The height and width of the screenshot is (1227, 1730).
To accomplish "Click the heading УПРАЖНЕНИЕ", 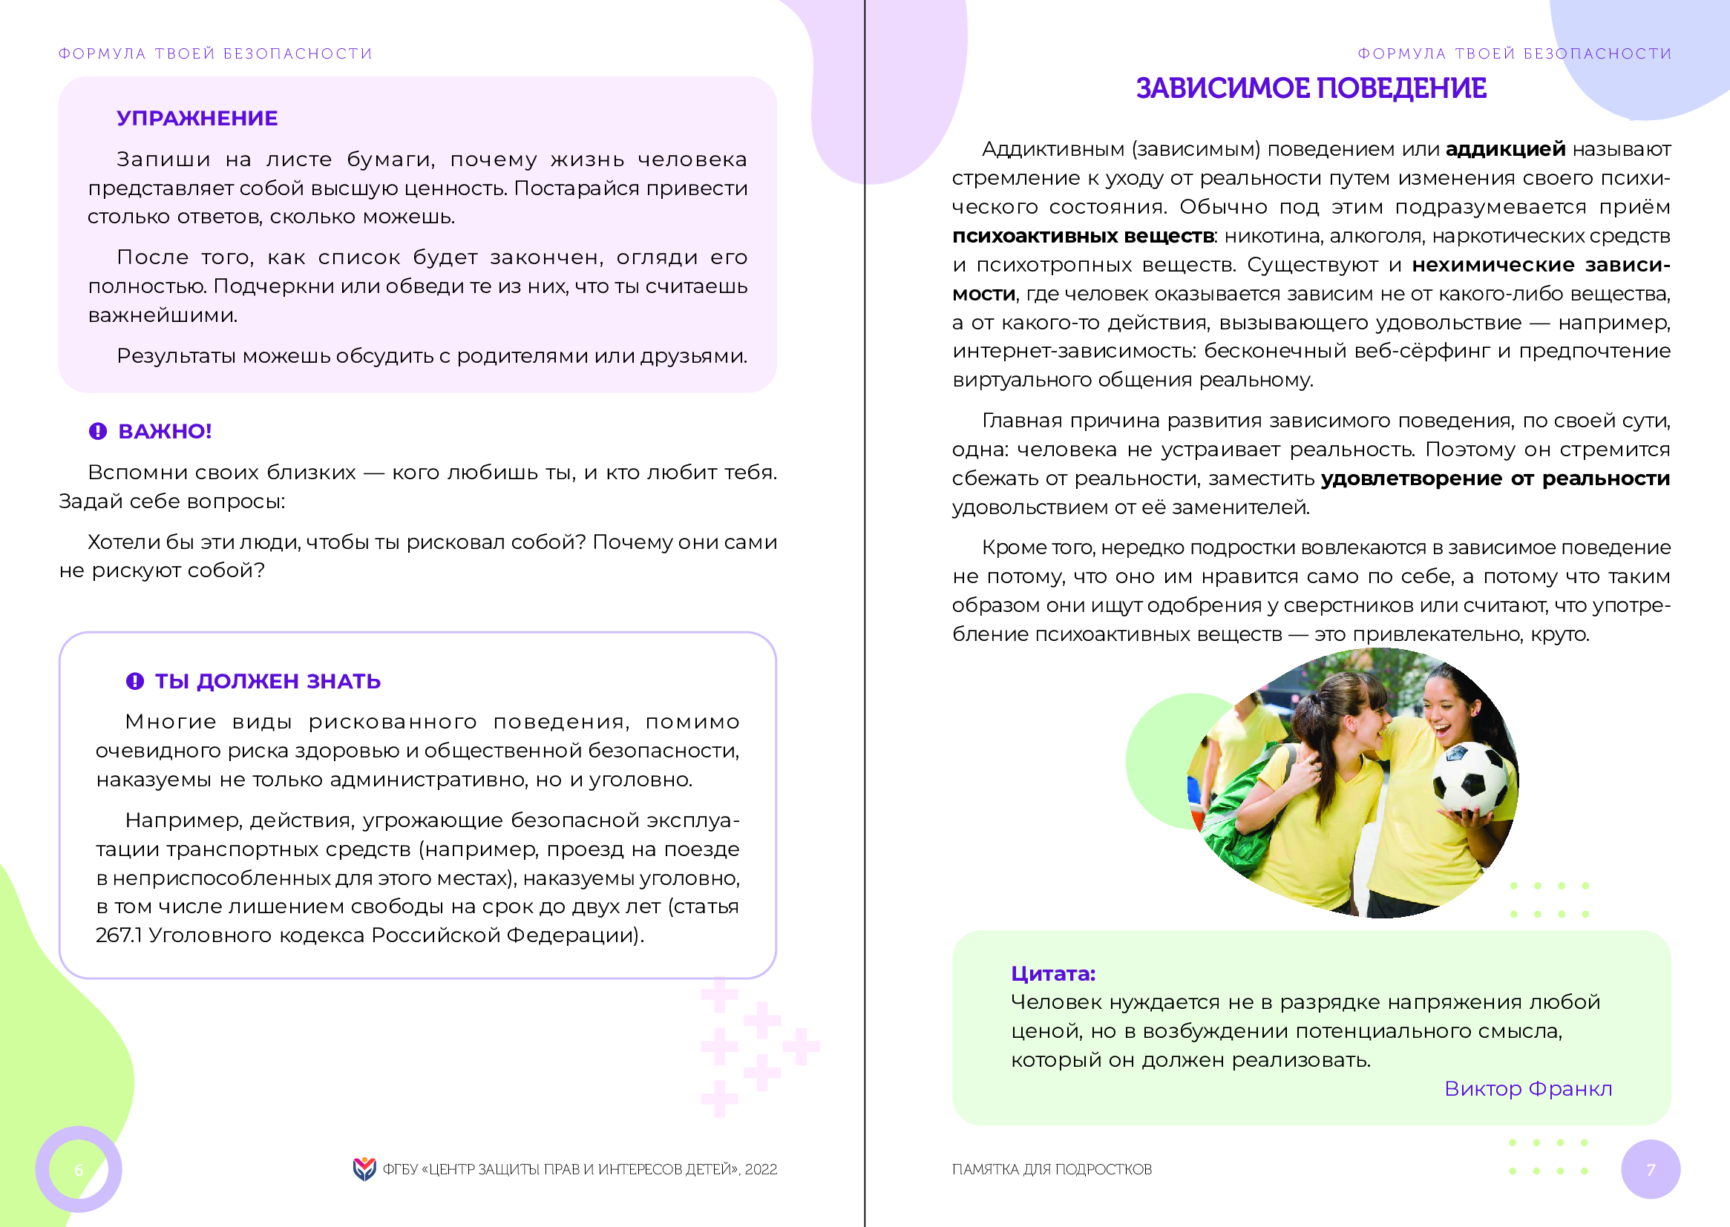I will pyautogui.click(x=197, y=119).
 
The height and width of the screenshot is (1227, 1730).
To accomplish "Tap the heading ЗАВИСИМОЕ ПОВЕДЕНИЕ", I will pyautogui.click(x=1311, y=89).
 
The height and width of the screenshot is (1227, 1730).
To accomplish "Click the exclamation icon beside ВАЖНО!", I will pyautogui.click(x=98, y=432).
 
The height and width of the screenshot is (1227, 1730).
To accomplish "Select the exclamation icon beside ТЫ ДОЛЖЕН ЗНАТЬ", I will pyautogui.click(x=134, y=682).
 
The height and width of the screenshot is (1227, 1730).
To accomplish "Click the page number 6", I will pyautogui.click(x=79, y=1170).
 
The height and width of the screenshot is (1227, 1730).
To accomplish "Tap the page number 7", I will pyautogui.click(x=1651, y=1170).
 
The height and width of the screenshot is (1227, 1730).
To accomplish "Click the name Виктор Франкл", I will pyautogui.click(x=1527, y=1089).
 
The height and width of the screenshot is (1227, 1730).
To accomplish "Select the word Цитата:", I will pyautogui.click(x=1053, y=974).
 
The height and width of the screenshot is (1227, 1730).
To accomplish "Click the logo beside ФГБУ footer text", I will pyautogui.click(x=364, y=1169).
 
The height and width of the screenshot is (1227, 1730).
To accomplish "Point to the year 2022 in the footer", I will pyautogui.click(x=760, y=1170).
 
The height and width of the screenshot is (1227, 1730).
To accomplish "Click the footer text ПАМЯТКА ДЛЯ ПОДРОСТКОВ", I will pyautogui.click(x=1052, y=1170).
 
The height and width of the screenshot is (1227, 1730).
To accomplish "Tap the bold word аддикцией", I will pyautogui.click(x=1505, y=150).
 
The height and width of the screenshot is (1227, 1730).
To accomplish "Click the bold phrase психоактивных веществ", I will pyautogui.click(x=1082, y=237).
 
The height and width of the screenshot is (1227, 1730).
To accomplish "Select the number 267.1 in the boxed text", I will pyautogui.click(x=119, y=935).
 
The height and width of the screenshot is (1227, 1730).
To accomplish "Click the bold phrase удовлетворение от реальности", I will pyautogui.click(x=1495, y=479).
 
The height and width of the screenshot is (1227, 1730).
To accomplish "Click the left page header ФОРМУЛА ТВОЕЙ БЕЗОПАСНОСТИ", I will pyautogui.click(x=215, y=53).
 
